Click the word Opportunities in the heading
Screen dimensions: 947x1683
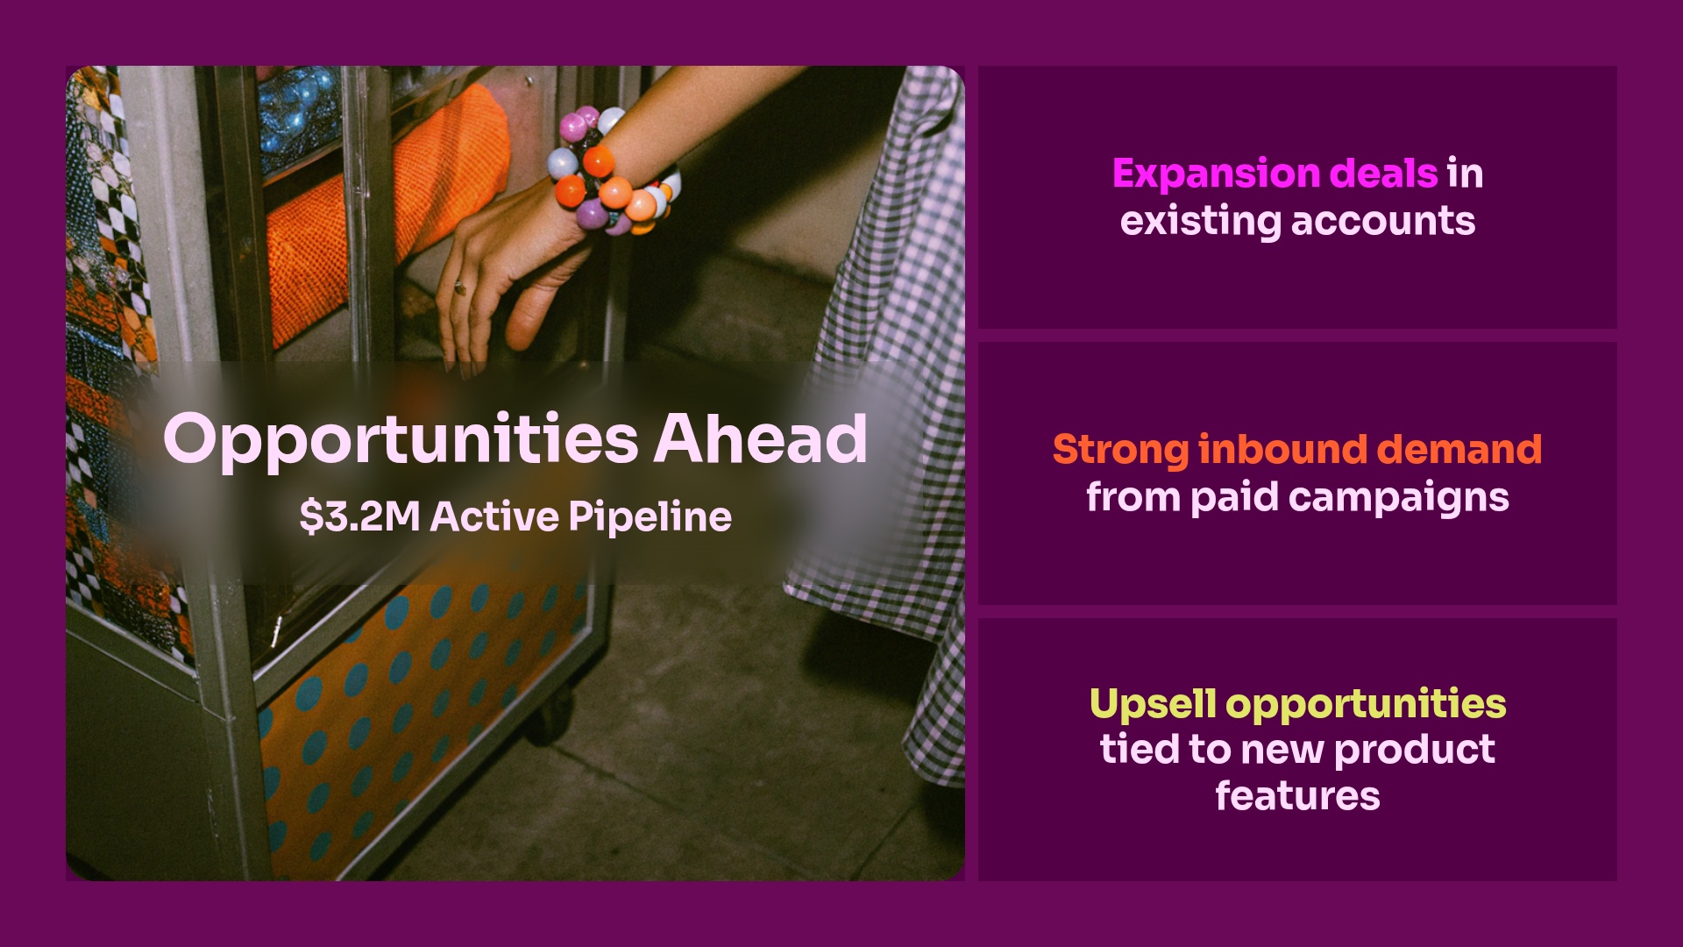[401, 440]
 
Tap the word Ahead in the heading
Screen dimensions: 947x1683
[761, 438]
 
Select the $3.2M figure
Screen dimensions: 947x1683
[359, 516]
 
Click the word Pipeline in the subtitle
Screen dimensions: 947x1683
[650, 516]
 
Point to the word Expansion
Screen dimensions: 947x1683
[1218, 174]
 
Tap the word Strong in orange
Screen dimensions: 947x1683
[1120, 449]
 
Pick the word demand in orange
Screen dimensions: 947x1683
[1459, 449]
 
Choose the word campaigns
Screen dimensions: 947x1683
[1399, 497]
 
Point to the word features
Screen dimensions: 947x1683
[1297, 796]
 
